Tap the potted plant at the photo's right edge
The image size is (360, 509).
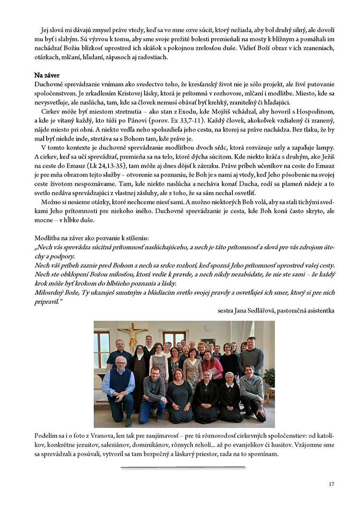[x=270, y=379]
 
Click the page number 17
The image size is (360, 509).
[x=331, y=484]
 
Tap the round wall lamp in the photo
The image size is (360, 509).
[x=207, y=328]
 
